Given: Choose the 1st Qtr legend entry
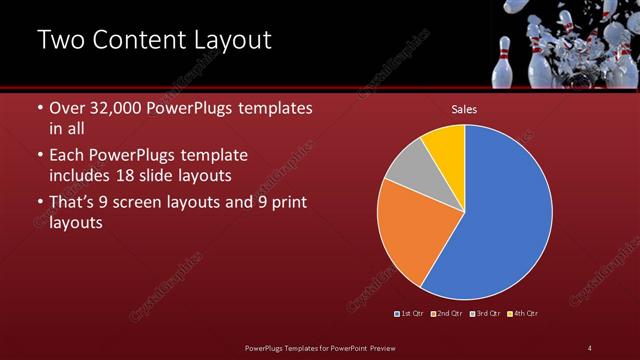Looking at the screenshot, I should pyautogui.click(x=410, y=314).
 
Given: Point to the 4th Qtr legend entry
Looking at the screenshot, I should pyautogui.click(x=523, y=314).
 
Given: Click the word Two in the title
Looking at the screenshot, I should pyautogui.click(x=62, y=40).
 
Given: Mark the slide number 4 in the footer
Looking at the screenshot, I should pyautogui.click(x=590, y=348).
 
